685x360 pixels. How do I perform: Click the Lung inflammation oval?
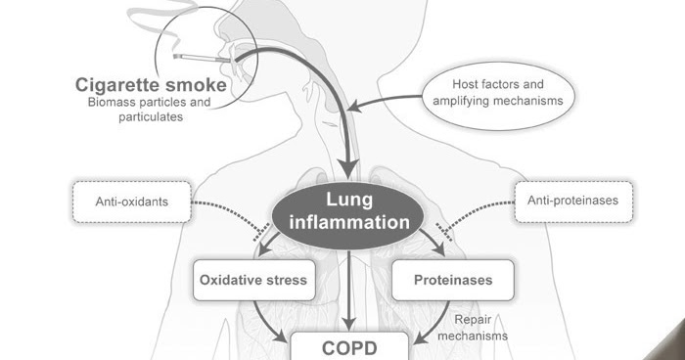[x=348, y=212]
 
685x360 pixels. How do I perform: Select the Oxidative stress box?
[x=252, y=280]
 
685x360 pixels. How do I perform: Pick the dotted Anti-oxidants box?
[x=131, y=202]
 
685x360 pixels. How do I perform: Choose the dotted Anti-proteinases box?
[x=573, y=202]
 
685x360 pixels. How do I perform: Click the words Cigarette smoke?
[x=152, y=85]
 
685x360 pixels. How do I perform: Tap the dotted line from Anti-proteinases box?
[x=479, y=209]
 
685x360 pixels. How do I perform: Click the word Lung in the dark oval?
[x=349, y=201]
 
